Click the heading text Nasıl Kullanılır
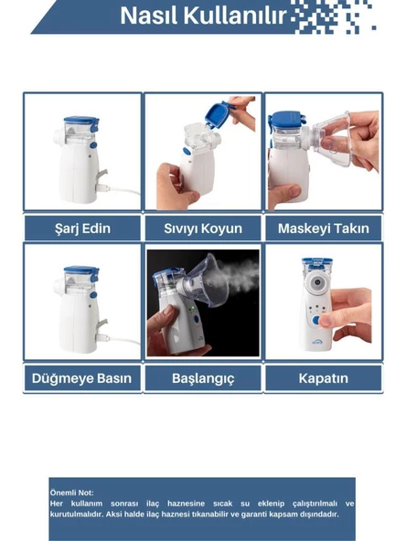[x=203, y=16]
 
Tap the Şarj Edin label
[x=83, y=228]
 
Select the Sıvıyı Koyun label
[x=203, y=228]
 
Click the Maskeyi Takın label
[x=324, y=228]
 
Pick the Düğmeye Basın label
[x=81, y=378]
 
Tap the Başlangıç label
[x=203, y=378]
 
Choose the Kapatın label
[x=324, y=378]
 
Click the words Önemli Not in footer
[x=72, y=493]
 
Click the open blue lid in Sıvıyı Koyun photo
[x=219, y=114]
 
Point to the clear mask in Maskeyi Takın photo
[x=332, y=138]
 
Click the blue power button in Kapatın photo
[x=315, y=321]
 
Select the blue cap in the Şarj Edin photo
[x=81, y=122]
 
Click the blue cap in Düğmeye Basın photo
[x=81, y=272]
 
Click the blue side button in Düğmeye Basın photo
[x=93, y=295]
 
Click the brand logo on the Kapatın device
[x=316, y=342]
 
